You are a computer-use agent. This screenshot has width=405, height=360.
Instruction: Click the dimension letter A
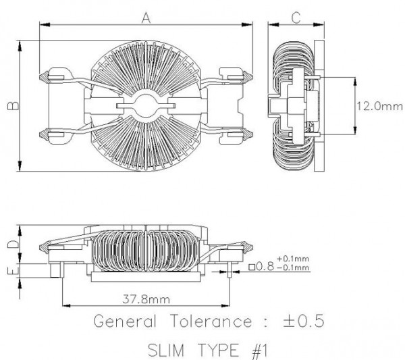146,18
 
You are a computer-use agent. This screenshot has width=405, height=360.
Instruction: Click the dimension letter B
13,105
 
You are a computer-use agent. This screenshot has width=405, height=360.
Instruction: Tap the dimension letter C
296,18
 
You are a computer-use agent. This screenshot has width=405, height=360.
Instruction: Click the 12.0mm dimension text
379,106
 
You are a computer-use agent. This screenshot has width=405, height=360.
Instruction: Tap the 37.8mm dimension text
146,299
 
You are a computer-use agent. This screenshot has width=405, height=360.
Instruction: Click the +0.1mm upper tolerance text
293,259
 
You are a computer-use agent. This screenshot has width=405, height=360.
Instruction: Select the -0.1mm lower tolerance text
293,267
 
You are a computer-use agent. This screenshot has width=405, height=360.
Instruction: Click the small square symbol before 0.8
252,267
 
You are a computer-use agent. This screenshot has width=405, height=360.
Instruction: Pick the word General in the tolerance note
125,322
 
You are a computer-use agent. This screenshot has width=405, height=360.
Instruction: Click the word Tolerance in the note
211,322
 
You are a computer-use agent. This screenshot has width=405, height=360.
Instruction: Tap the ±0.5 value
304,321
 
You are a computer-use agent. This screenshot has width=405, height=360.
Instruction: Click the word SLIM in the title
166,351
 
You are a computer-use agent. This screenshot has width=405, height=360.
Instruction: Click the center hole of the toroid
146,105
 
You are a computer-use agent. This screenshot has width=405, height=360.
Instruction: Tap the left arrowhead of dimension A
45,25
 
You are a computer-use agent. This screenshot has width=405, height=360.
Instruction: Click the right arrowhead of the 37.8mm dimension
225,306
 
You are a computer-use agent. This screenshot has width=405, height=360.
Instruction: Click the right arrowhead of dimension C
319,25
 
